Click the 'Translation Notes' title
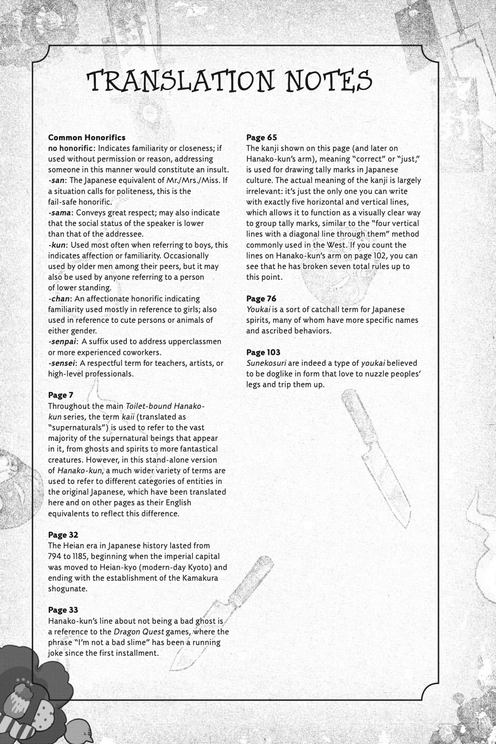pos(230,81)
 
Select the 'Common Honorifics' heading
pos(87,137)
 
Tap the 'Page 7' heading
pos(60,395)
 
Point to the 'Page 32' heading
pos(63,535)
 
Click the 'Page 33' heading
pos(63,610)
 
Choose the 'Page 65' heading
pos(261,137)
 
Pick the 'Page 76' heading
pos(261,299)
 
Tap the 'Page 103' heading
pos(263,352)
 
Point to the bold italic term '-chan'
pos(60,299)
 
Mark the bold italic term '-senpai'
pos(62,342)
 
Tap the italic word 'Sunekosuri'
pos(266,363)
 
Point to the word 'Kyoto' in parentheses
pos(192,567)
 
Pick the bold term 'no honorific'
pos(71,148)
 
